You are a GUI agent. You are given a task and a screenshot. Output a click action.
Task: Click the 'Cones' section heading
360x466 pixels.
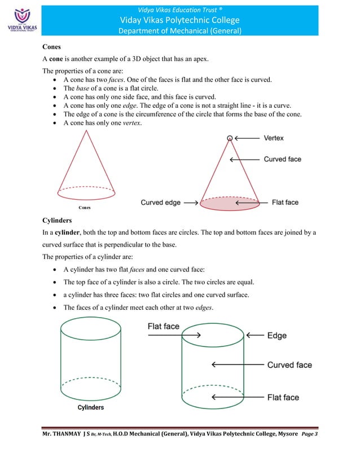(x=53, y=48)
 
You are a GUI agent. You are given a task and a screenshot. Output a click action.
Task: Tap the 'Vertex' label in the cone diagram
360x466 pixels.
(x=274, y=138)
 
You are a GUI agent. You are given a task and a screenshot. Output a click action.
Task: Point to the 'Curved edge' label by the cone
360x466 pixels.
(x=160, y=203)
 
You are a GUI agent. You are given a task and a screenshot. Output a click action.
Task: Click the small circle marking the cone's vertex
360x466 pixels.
(x=229, y=138)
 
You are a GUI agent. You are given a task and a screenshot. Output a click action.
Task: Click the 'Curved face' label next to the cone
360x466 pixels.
(x=282, y=160)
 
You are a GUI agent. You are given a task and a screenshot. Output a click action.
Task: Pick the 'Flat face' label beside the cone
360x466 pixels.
(x=285, y=203)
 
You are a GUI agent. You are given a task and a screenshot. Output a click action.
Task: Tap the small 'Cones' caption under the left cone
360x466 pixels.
(x=85, y=207)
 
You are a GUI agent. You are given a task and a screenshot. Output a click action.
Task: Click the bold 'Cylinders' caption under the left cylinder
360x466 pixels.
(x=90, y=407)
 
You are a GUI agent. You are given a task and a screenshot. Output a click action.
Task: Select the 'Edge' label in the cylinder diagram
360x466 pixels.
(x=276, y=336)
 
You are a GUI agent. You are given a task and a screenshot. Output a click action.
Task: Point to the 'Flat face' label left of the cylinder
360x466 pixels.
(x=164, y=326)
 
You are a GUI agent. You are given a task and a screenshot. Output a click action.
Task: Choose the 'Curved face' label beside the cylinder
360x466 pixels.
(x=289, y=365)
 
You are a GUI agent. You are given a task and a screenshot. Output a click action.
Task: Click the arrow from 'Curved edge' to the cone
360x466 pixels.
(x=190, y=203)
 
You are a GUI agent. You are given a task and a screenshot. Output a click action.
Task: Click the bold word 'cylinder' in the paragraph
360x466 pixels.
(x=66, y=232)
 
